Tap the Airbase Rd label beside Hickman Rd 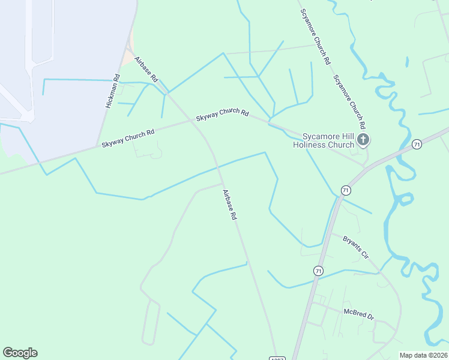pos(146,69)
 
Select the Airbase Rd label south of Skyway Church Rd pos(230,205)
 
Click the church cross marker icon pos(363,140)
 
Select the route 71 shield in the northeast pos(417,145)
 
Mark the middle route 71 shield pos(345,190)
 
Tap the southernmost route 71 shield pos(318,271)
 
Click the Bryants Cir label pos(355,247)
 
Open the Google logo pos(20,353)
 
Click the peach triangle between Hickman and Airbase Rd pos(128,58)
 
